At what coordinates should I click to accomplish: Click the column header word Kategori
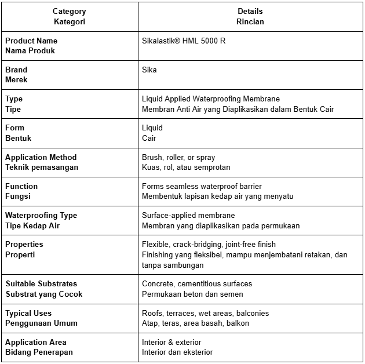pyautogui.click(x=69, y=21)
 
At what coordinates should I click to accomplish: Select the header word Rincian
pyautogui.click(x=250, y=21)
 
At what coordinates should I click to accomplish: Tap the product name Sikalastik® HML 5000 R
pyautogui.click(x=184, y=41)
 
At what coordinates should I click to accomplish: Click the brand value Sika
pyautogui.click(x=149, y=70)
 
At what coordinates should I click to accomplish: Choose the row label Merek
pyautogui.click(x=16, y=79)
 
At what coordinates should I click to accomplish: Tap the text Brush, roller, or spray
pyautogui.click(x=178, y=157)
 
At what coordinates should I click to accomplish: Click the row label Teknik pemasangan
pyautogui.click(x=42, y=167)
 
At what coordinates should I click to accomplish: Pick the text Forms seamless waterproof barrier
pyautogui.click(x=202, y=186)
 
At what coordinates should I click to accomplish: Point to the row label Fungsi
pyautogui.click(x=18, y=196)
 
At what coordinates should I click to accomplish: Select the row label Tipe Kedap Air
pyautogui.click(x=32, y=225)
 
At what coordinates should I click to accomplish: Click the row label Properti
pyautogui.click(x=20, y=254)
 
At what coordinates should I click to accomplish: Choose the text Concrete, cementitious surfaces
pyautogui.click(x=197, y=283)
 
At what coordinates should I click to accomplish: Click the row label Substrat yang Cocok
pyautogui.click(x=44, y=293)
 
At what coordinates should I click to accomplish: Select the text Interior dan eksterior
pyautogui.click(x=177, y=352)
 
